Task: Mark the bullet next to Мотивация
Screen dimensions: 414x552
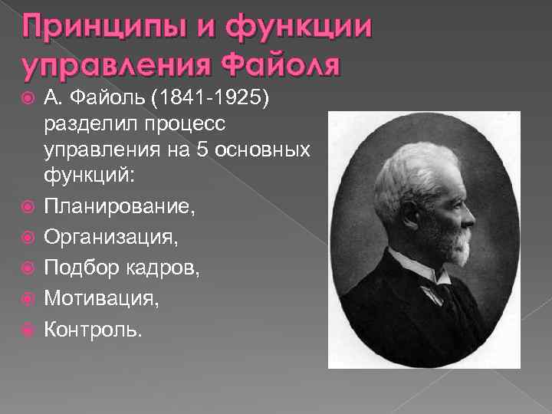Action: point(28,298)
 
